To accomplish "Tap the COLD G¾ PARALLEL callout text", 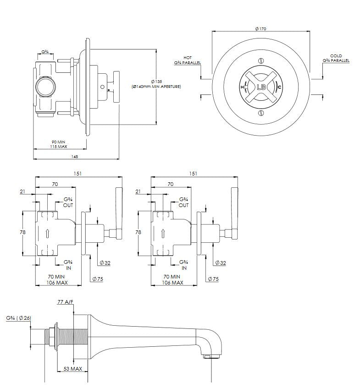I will coord(336,58).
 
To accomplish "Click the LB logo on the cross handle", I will coord(261,87).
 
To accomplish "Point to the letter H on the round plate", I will coord(242,87).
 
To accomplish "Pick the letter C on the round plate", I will coord(279,87).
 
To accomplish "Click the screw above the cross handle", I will coord(260,60).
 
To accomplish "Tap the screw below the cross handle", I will coord(260,113).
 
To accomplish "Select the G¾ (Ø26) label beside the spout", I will coord(18,318).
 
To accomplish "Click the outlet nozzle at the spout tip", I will coord(210,356).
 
